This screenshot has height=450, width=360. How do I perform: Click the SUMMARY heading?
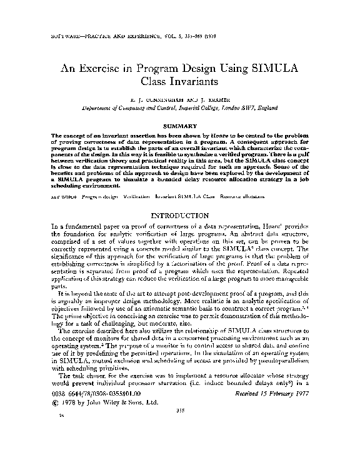179,126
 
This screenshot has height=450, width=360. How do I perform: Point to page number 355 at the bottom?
179,429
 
